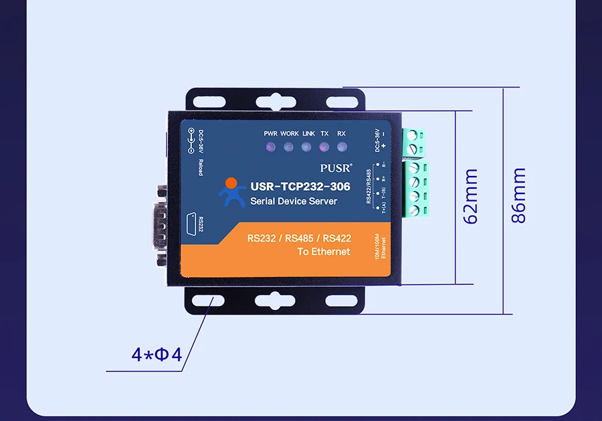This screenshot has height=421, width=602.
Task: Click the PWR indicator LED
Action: pos(270,146)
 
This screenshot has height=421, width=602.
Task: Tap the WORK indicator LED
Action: pos(289,146)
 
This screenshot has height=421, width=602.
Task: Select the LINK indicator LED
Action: pos(308,146)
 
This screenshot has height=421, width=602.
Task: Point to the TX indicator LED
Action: pos(324,146)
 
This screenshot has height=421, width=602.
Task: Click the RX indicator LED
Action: pos(342,146)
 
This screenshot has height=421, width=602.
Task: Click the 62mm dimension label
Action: pos(471,196)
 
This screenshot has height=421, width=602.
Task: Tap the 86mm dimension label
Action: pos(519,196)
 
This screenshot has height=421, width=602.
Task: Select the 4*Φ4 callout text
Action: pos(157,354)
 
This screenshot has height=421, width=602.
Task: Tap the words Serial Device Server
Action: pos(294,201)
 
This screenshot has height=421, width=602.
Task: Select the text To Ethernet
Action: pos(324,252)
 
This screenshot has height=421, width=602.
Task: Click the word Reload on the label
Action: pos(201,167)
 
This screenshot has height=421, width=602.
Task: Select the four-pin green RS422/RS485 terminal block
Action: pos(417,188)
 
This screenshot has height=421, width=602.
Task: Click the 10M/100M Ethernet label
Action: pos(380,248)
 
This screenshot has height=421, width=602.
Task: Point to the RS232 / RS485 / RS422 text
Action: pos(299,238)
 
